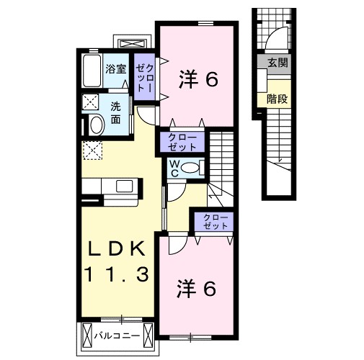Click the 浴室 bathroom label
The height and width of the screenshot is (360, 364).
[x=116, y=70]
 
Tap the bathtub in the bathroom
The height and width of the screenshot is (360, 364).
[x=92, y=71]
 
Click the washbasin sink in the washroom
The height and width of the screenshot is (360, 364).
[x=94, y=125]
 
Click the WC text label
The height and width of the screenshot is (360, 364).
[x=175, y=168]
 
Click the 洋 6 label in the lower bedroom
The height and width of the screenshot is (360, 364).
[x=196, y=289]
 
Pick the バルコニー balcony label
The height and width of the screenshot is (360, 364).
[x=117, y=336]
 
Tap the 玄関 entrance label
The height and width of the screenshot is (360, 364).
[x=277, y=63]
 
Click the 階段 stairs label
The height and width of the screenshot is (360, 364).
[x=277, y=99]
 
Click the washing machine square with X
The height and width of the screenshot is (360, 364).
[x=92, y=101]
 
